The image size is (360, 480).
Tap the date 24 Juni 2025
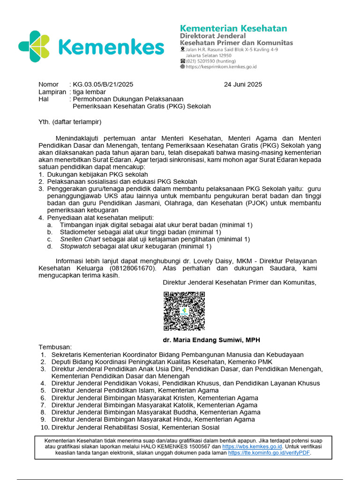click(243, 84)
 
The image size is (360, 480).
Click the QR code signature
click(184, 311)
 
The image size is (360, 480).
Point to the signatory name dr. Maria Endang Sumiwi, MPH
click(211, 340)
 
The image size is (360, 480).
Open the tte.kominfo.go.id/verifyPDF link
click(269, 453)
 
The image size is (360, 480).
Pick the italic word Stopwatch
click(75, 246)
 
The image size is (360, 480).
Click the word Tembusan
click(55, 347)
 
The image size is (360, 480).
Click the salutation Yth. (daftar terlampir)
click(70, 122)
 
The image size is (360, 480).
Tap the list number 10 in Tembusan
click(45, 427)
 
